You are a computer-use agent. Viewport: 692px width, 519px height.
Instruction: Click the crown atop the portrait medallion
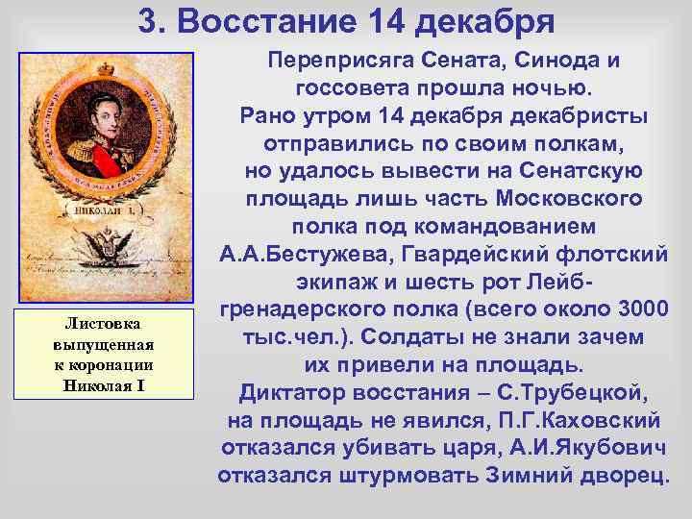pos(105,68)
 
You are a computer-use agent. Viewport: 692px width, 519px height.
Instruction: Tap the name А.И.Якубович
pos(582,449)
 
